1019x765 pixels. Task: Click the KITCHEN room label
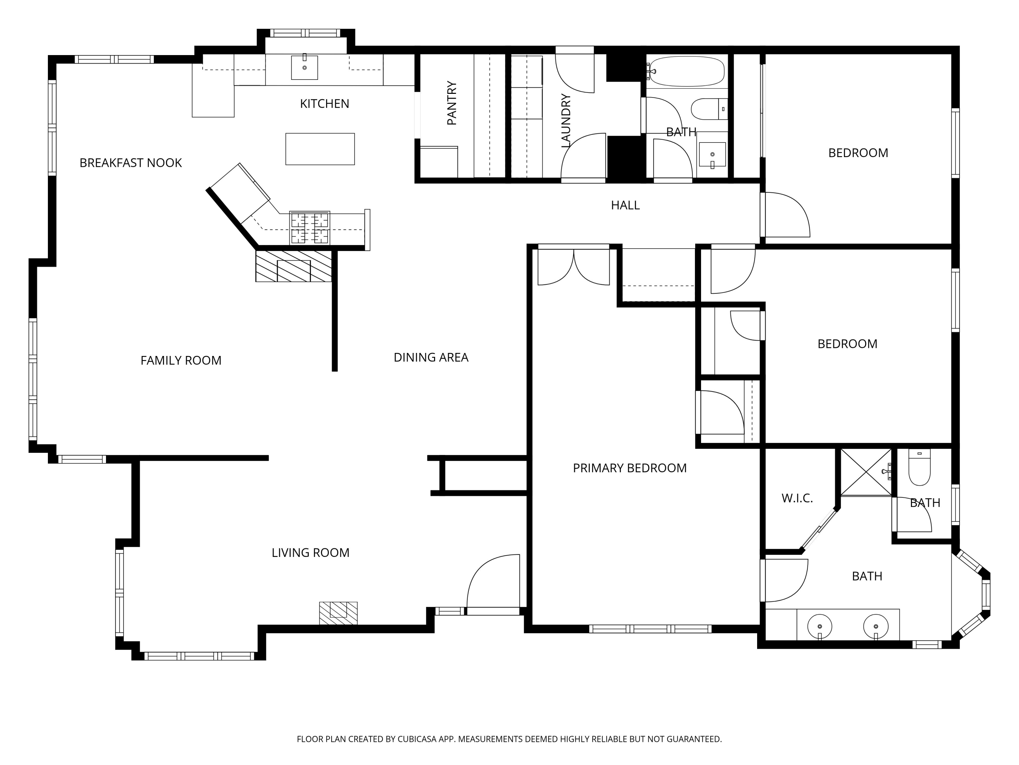coord(324,104)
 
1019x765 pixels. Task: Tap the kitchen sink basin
coord(304,67)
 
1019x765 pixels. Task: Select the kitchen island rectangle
coord(320,149)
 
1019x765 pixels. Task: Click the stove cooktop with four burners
coord(309,227)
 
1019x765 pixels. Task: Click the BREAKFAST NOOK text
coord(130,163)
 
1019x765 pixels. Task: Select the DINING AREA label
coord(431,357)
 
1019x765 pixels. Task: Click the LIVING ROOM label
coord(310,552)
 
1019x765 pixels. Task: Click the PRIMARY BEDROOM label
coord(630,468)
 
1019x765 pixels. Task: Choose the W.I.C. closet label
coord(797,498)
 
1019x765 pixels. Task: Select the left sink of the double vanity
coord(820,627)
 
